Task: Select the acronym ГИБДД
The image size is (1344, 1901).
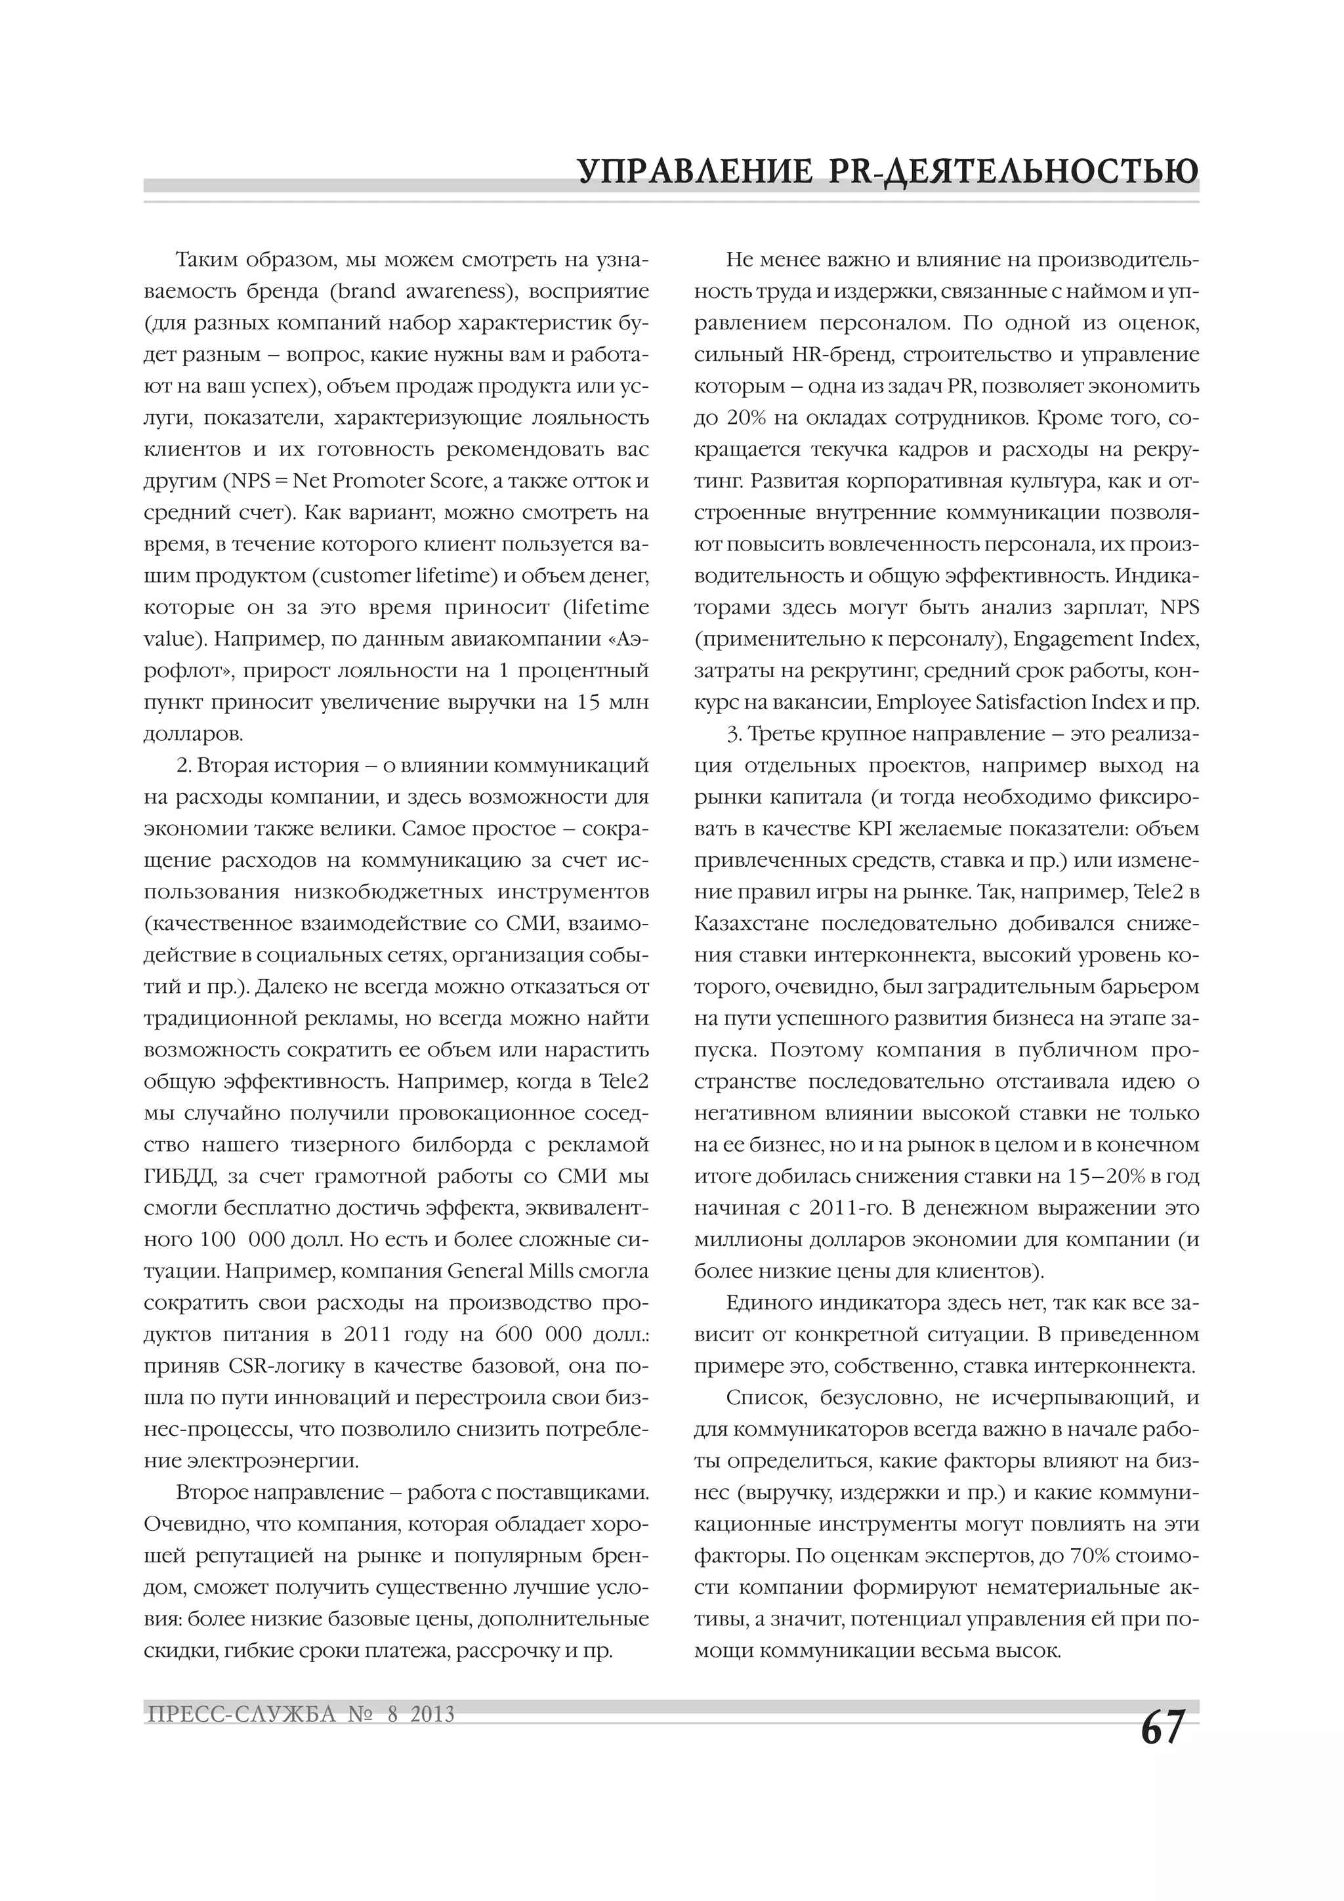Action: [x=177, y=1177]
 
